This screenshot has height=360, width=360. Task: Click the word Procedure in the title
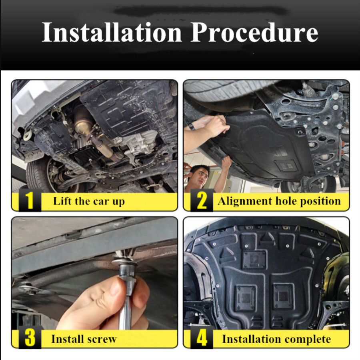[254, 32]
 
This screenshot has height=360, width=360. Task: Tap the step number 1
[30, 200]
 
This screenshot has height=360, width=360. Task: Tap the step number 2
[202, 200]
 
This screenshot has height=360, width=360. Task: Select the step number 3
[30, 338]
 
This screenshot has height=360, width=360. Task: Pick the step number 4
[202, 338]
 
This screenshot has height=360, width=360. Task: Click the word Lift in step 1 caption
[62, 201]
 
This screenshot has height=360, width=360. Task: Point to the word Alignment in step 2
[245, 201]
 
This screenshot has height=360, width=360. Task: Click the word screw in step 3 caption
[103, 339]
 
